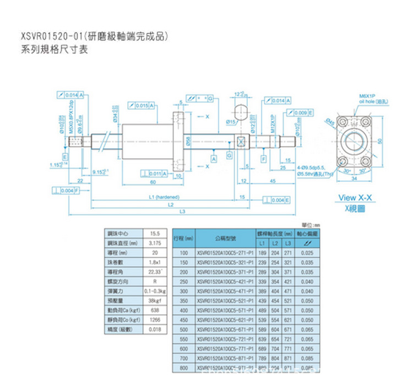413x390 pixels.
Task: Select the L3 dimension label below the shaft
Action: point(182,212)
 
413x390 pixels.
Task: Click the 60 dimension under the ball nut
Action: point(153,181)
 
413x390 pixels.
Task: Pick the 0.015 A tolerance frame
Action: point(141,105)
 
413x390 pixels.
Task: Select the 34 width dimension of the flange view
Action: point(354,178)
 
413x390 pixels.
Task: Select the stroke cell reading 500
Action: point(184,329)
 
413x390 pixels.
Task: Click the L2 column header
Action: point(274,243)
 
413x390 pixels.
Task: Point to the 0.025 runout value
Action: point(308,252)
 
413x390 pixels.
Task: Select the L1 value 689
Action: point(262,349)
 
